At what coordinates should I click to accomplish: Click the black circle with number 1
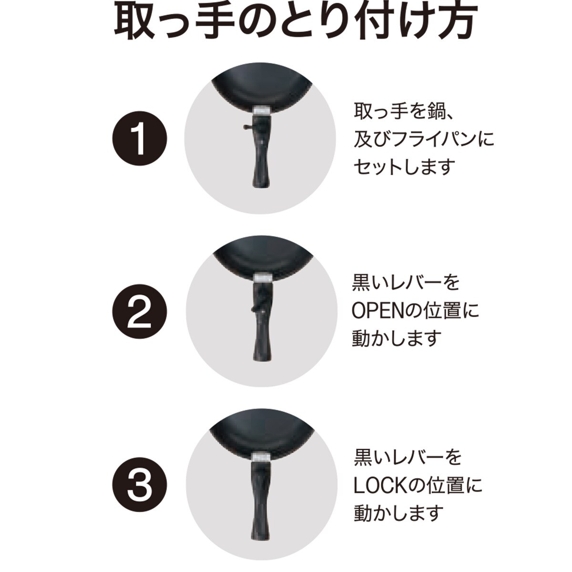(x=139, y=139)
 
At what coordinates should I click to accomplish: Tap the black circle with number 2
(x=139, y=312)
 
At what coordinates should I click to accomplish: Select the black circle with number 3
(x=139, y=485)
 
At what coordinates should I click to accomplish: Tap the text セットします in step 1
(x=405, y=166)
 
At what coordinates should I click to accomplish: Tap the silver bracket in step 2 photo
(x=263, y=278)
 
